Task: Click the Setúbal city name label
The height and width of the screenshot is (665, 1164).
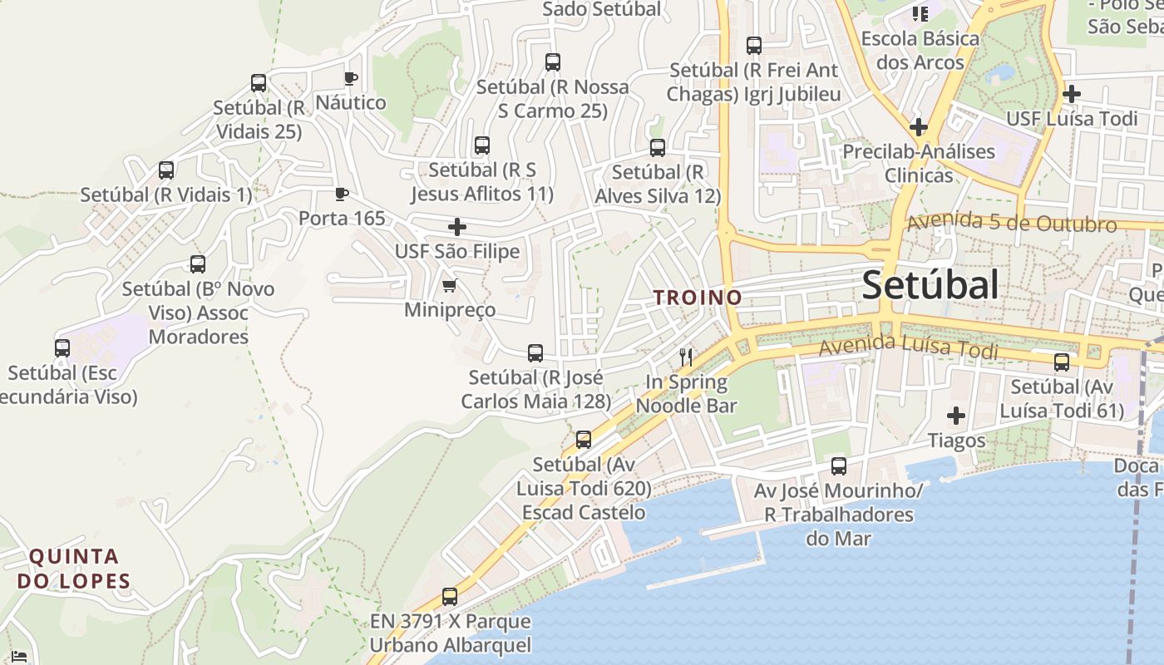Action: (x=930, y=285)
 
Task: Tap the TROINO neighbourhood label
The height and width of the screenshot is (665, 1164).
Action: (x=698, y=297)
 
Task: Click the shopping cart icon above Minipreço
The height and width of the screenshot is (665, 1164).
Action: (x=449, y=286)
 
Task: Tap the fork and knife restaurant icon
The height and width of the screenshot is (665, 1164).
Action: (x=686, y=357)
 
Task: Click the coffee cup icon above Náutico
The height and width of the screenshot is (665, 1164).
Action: (x=351, y=79)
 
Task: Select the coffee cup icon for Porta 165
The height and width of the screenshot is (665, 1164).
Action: (x=341, y=195)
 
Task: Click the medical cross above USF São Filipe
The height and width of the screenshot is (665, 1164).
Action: (x=456, y=227)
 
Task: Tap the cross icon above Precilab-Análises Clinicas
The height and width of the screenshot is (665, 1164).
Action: (x=918, y=127)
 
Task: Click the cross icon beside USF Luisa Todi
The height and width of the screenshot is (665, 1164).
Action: (x=1072, y=94)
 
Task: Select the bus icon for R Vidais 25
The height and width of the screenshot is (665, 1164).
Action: (x=259, y=83)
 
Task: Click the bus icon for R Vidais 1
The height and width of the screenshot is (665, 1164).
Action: (x=166, y=170)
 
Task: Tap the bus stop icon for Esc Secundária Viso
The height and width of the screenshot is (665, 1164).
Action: (x=62, y=348)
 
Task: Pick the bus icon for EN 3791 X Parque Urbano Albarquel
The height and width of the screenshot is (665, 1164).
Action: (x=450, y=597)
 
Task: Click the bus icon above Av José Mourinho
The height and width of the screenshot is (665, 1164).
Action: (x=839, y=466)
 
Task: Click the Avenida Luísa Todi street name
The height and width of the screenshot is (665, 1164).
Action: (x=908, y=347)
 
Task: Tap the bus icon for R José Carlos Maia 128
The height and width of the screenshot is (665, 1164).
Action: (x=535, y=353)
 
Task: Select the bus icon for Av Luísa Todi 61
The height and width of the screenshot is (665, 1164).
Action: (x=1062, y=362)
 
